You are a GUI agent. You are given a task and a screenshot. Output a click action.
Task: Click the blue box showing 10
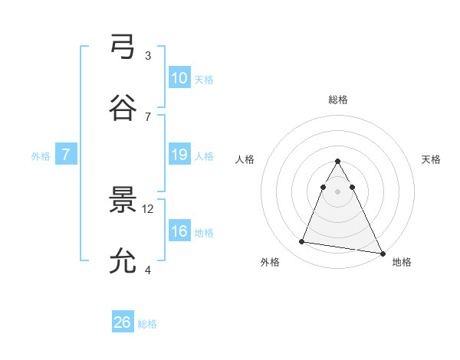(x=179, y=78)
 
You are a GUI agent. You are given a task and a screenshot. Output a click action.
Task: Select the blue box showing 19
(x=179, y=155)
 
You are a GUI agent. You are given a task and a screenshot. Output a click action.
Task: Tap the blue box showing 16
(x=179, y=231)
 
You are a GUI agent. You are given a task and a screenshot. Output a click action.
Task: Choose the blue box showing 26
(x=123, y=322)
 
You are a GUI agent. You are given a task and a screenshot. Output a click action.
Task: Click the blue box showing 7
(x=67, y=155)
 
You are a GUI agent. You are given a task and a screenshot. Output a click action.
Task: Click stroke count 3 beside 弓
(x=148, y=55)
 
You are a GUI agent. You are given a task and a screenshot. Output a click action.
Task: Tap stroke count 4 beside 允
(x=148, y=270)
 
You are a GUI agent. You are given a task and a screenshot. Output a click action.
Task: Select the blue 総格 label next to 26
(x=147, y=324)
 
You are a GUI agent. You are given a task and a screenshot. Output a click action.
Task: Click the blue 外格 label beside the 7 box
(x=41, y=156)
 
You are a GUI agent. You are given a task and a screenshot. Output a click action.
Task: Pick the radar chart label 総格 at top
(x=338, y=100)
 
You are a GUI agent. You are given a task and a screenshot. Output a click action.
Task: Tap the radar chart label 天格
(x=431, y=159)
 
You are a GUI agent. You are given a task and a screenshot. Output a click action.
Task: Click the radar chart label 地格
(x=402, y=263)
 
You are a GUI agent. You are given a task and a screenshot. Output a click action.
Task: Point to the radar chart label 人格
(x=245, y=159)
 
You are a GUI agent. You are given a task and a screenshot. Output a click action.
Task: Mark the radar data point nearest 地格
(x=383, y=254)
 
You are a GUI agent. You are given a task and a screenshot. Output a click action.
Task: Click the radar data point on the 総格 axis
(x=338, y=161)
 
